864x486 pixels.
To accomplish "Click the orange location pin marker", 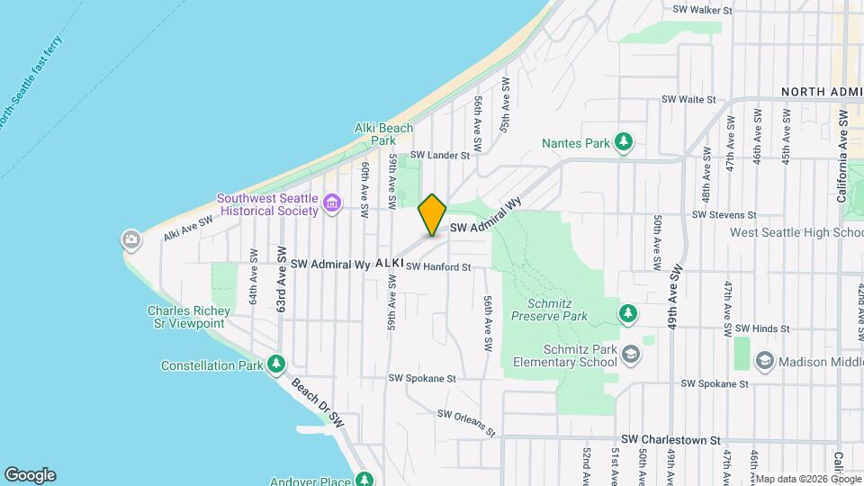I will [432, 215].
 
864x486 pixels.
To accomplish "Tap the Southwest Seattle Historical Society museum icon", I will [332, 204].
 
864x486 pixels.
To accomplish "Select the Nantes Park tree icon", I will [623, 142].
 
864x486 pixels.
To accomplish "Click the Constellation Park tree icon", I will [277, 364].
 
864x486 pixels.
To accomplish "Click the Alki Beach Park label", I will [383, 134].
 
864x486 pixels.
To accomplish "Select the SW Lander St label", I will [442, 155].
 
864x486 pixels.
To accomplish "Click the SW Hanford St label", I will [438, 267].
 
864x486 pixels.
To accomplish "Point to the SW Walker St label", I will [703, 11].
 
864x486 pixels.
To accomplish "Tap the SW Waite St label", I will [688, 100].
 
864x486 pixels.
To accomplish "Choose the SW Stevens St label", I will [724, 215].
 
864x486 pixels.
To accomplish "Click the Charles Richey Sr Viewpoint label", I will [188, 317].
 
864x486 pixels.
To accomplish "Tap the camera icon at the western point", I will [131, 239].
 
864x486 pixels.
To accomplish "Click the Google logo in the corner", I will [30, 475].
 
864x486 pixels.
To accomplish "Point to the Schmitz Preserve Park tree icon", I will [628, 313].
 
